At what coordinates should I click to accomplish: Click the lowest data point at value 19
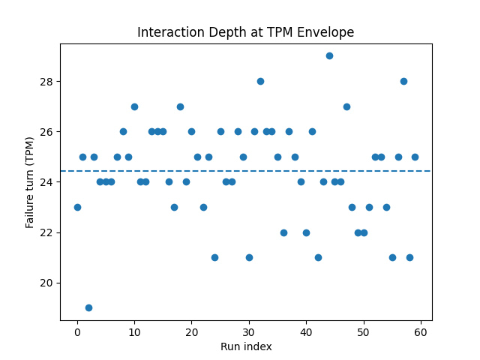[88, 307]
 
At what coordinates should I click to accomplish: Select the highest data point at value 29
[329, 55]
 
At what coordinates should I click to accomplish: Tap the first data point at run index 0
[77, 207]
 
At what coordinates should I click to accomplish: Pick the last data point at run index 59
[415, 157]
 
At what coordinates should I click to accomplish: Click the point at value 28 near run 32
[260, 81]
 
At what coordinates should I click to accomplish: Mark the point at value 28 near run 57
[403, 81]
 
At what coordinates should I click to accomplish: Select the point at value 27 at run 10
[134, 106]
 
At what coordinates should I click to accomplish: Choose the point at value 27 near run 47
[346, 106]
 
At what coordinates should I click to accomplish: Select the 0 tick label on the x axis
[77, 332]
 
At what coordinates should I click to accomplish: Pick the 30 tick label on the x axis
[249, 332]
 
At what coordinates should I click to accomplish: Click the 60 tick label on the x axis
[421, 332]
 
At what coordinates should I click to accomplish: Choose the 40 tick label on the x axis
[306, 332]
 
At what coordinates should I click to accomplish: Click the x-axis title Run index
[246, 346]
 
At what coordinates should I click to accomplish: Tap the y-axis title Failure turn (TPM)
[30, 182]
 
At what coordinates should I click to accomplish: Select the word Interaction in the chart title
[167, 33]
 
